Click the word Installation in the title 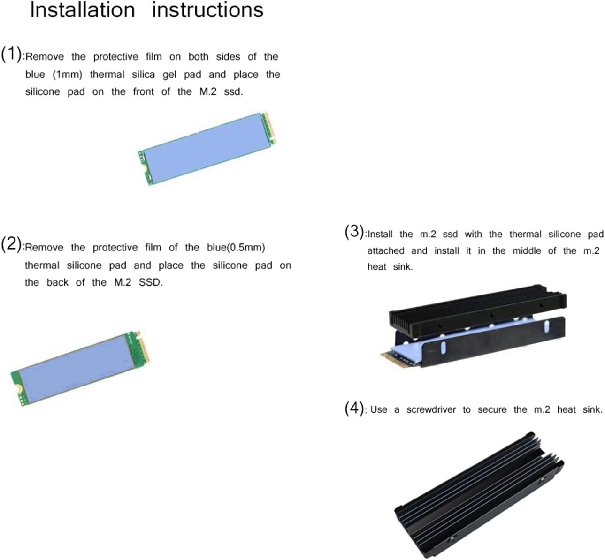click(83, 10)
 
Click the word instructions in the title click(207, 10)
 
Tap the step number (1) click(11, 54)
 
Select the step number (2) click(11, 244)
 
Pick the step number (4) click(354, 409)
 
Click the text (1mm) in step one click(67, 75)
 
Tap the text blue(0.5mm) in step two click(236, 248)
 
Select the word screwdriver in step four click(431, 409)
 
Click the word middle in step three click(527, 251)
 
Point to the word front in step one click(143, 91)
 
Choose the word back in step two click(58, 283)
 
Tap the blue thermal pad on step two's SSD click(76, 369)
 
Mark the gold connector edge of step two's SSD click(143, 347)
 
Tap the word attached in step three click(386, 251)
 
